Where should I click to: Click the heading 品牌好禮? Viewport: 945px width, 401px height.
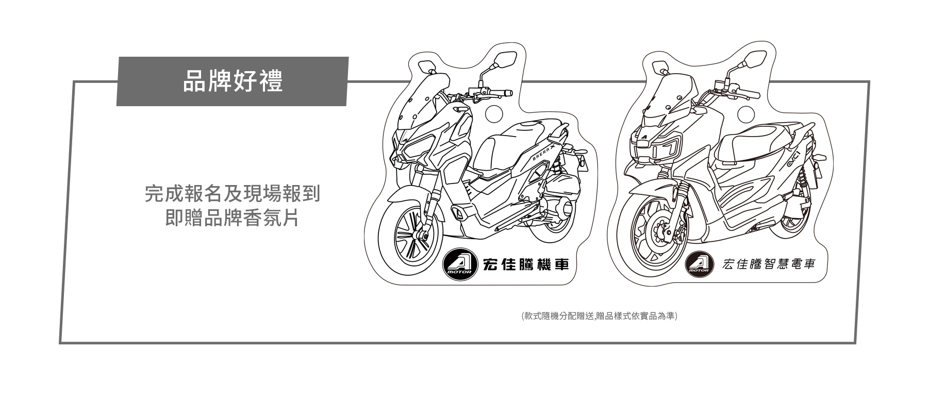[x=233, y=81]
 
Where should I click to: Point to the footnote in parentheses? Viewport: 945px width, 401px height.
[x=599, y=315]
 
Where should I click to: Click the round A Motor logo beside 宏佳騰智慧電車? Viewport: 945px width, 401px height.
[x=699, y=265]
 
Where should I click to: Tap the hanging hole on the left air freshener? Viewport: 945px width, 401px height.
[x=496, y=113]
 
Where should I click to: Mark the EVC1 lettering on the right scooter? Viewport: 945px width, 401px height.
[x=794, y=159]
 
